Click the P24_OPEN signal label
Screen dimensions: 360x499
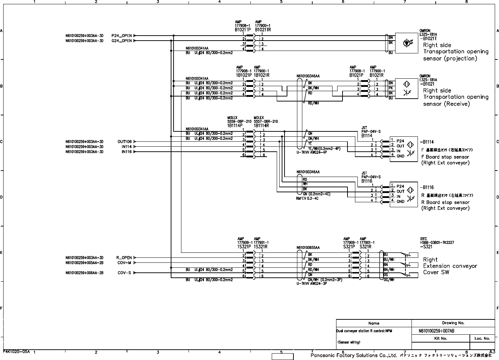(x=122, y=36)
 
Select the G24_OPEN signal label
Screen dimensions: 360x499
(x=122, y=41)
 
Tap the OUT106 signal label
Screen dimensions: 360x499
(x=124, y=142)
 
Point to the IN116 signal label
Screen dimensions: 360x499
(x=127, y=152)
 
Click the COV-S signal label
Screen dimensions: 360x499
(x=124, y=273)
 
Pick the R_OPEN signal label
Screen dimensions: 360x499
(x=124, y=257)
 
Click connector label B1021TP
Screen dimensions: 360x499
(x=240, y=30)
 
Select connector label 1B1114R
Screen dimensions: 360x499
(x=261, y=126)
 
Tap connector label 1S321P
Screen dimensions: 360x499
(x=245, y=246)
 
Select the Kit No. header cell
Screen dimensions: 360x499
(x=441, y=339)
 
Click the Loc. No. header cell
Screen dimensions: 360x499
(x=482, y=339)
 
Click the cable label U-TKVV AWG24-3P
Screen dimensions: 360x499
(x=312, y=284)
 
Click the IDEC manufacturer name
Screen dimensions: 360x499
(x=424, y=239)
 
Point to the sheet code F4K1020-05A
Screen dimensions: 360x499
(x=16, y=351)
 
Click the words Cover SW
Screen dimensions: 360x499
(x=436, y=272)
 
